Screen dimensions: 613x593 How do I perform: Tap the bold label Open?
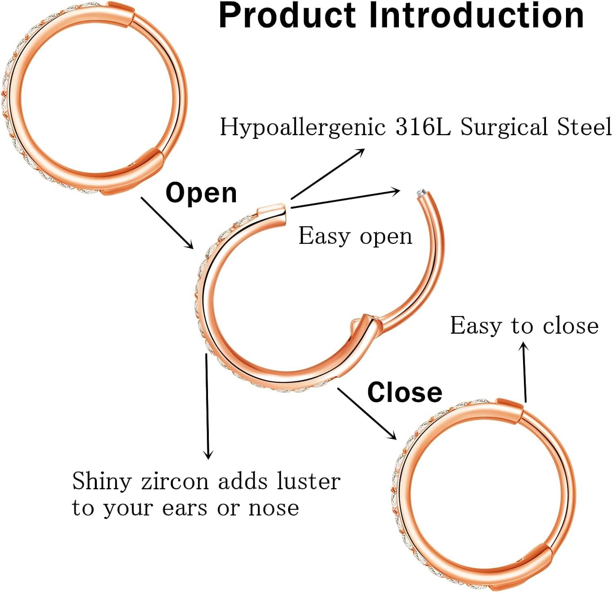coord(201,193)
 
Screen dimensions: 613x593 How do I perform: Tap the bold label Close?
coord(405,392)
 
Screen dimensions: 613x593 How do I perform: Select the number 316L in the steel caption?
coord(423,127)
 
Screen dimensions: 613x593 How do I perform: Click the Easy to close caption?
coord(524,326)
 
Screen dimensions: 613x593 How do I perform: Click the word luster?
coord(308,481)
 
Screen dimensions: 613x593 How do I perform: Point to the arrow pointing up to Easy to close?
coord(524,372)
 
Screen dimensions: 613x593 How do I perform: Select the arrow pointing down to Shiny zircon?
coord(208,406)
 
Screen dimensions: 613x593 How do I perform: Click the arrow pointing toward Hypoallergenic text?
coord(328,174)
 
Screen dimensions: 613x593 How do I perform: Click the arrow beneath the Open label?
coord(168,223)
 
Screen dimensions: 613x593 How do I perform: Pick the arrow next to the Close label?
coord(367,413)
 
